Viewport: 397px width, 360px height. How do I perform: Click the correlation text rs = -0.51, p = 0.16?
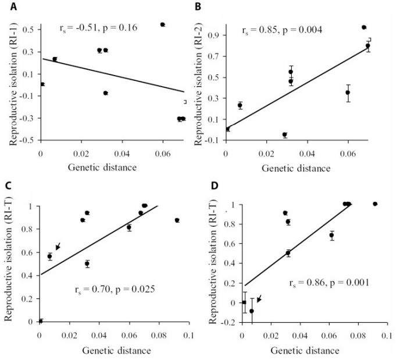point(98,27)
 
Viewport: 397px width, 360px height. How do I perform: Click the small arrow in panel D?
point(259,298)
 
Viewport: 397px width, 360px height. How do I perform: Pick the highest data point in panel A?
point(163,24)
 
